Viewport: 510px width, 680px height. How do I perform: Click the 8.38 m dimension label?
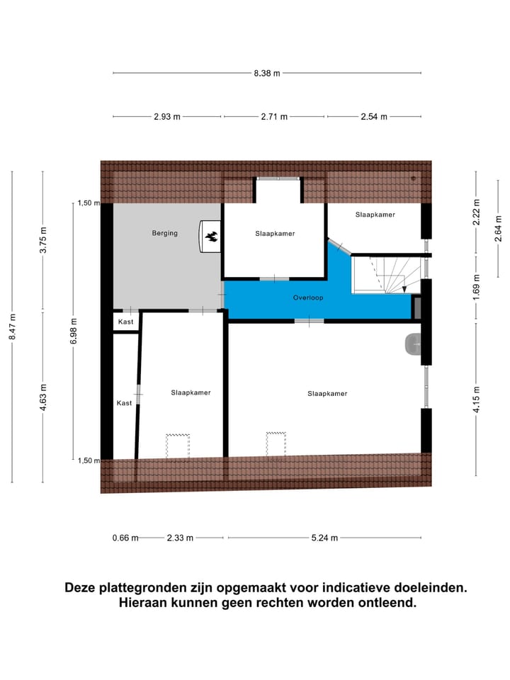coord(267,73)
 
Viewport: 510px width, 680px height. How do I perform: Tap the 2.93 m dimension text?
coord(167,117)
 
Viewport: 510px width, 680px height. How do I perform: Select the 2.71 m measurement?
coord(274,117)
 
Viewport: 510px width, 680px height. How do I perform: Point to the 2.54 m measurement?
coord(373,117)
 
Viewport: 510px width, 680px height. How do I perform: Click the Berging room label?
coord(164,233)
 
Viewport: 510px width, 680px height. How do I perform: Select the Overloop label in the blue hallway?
coord(308,298)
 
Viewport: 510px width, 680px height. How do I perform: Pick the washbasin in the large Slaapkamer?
coord(414,344)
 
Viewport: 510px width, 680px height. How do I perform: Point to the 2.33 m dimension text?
coord(180,538)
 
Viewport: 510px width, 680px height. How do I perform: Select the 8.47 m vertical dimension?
coord(12,327)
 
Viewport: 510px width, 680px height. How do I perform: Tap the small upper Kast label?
coord(126,322)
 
